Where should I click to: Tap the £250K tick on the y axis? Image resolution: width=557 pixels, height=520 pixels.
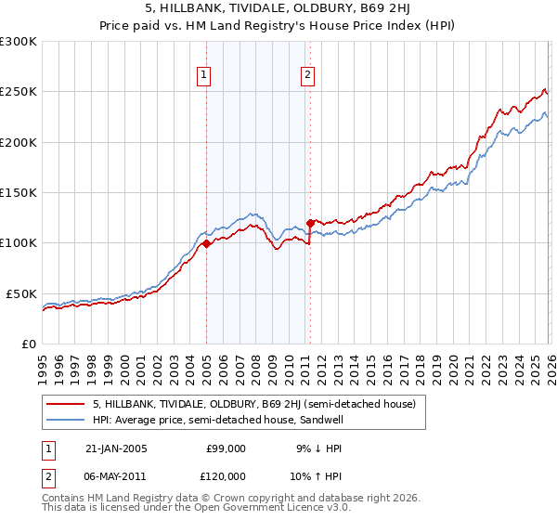pos(19,92)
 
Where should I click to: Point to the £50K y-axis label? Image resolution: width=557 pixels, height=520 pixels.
pos(21,293)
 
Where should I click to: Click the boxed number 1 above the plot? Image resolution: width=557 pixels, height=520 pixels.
pos(203,77)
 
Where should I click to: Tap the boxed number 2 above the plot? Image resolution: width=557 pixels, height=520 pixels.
pos(306,77)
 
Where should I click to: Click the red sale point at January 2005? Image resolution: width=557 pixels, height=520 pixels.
pos(206,244)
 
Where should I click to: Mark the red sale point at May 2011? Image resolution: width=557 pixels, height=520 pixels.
pos(309,223)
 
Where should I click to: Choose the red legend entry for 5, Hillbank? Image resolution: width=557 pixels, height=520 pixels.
pos(246,404)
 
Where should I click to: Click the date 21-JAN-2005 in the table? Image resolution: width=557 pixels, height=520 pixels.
pos(116,448)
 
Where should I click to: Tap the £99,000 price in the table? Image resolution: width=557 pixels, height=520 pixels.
pos(226,448)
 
